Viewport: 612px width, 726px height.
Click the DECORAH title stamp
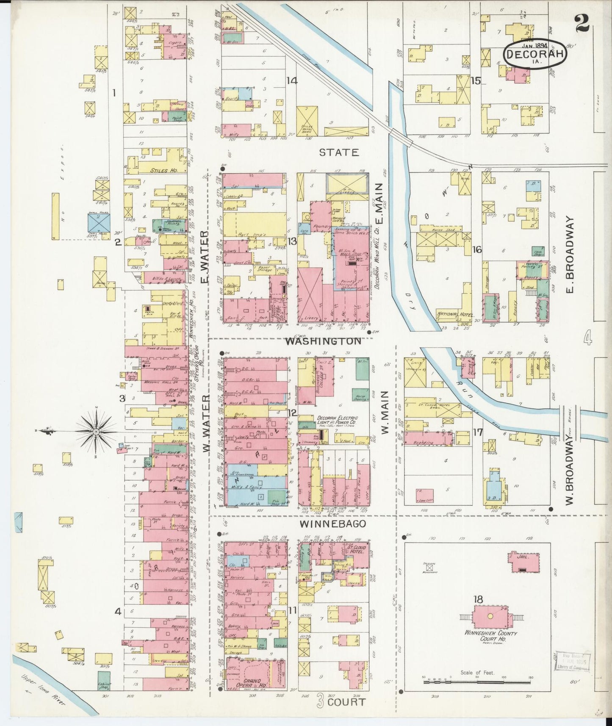pos(535,54)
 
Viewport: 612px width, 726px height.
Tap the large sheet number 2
pos(582,23)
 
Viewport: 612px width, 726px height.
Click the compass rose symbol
pos(96,431)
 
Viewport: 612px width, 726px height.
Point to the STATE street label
pos(339,152)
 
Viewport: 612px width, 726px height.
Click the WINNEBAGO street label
pos(333,524)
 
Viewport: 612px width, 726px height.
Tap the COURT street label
pos(346,702)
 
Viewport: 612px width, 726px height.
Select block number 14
pos(291,80)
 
